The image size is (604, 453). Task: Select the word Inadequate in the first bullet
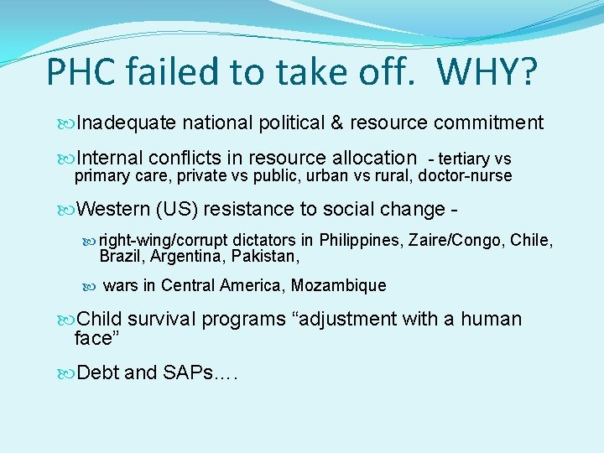[x=126, y=123]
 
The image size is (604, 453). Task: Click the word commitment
[x=489, y=123]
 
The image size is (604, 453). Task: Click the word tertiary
[x=466, y=159]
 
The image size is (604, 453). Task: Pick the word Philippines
[x=362, y=241]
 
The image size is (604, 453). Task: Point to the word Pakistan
[x=266, y=256]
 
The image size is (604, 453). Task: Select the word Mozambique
[x=340, y=286]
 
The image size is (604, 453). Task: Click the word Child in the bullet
[x=99, y=320]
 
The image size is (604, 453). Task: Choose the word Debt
[x=97, y=372]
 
